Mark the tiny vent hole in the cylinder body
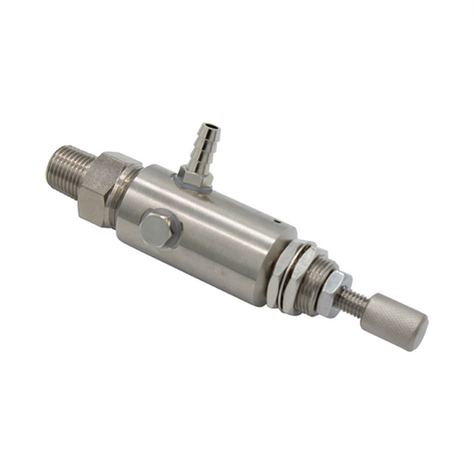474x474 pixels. click(274, 219)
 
